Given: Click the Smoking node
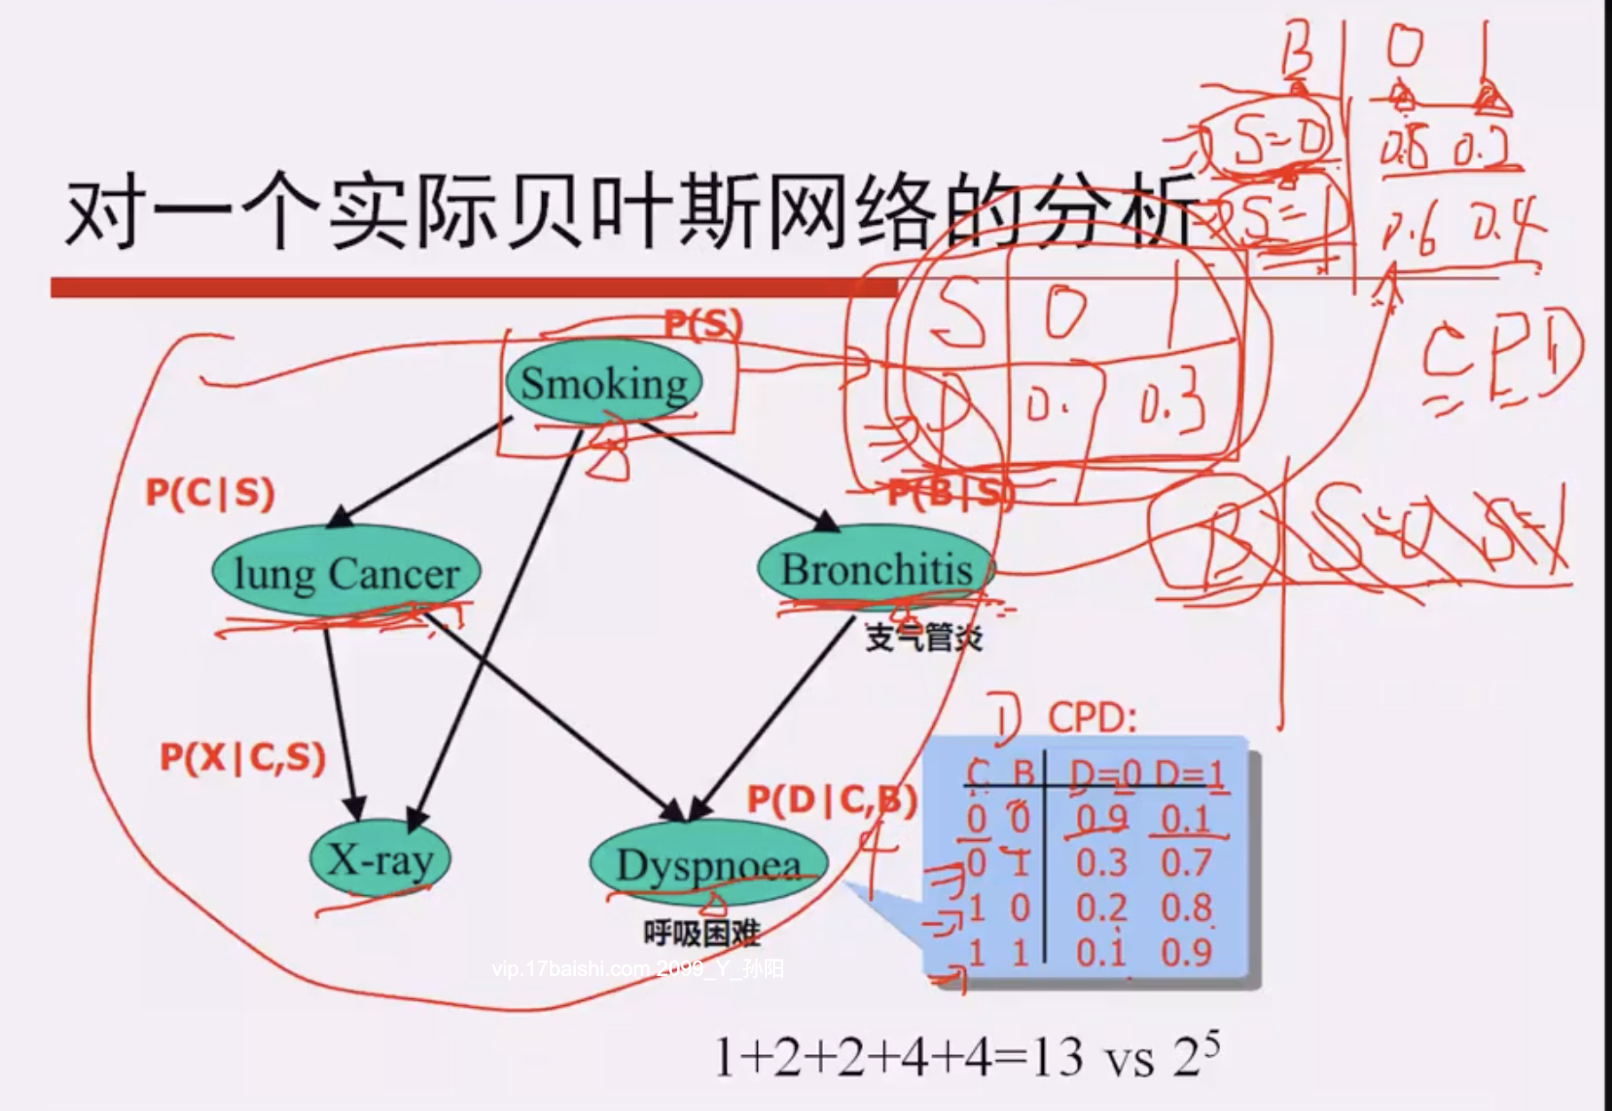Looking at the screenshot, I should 603,383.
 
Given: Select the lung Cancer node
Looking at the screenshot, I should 346,572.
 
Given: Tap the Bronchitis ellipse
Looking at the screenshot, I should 875,570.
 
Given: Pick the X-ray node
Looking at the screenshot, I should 380,859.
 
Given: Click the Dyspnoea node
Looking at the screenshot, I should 708,865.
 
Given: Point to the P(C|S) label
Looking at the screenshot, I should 210,492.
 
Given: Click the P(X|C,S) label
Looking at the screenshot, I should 243,757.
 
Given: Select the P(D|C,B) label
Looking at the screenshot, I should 831,800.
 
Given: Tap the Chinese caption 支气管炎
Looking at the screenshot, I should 924,636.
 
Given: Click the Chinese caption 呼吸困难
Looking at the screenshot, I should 702,932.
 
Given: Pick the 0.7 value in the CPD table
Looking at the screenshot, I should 1185,863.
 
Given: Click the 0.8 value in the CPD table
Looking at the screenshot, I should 1185,907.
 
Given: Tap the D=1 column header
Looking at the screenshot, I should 1190,776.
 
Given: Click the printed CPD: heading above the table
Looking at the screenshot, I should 1092,717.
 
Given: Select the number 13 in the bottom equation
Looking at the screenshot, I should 1057,1058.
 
